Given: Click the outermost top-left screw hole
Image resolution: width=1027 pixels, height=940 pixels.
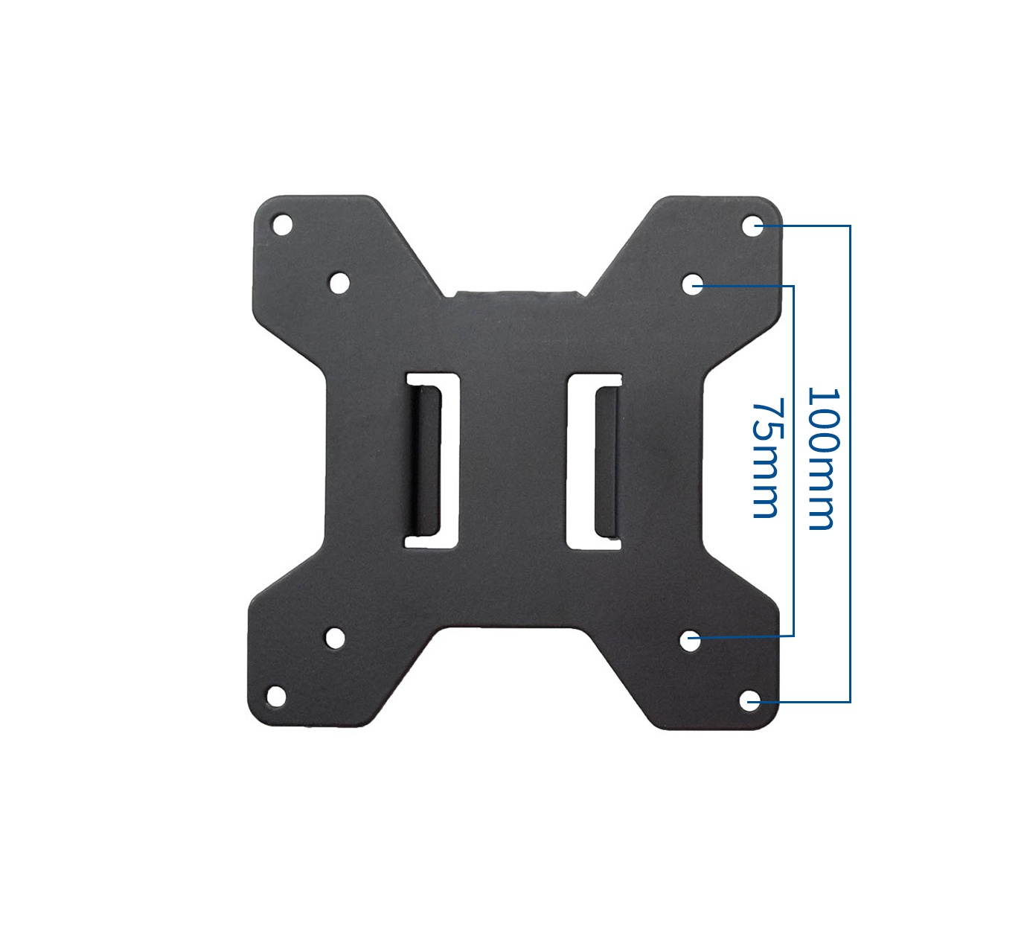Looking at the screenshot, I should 282,223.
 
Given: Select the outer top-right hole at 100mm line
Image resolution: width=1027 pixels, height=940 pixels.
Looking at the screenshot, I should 752,224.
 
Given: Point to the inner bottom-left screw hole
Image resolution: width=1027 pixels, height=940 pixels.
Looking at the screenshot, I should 335,637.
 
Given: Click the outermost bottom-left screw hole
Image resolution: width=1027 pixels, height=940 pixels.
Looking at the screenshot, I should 276,694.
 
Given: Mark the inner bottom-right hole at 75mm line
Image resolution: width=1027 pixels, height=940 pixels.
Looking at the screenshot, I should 691,638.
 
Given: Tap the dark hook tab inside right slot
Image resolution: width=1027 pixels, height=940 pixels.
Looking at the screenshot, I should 605,461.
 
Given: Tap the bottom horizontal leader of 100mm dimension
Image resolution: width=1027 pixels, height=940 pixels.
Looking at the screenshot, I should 804,701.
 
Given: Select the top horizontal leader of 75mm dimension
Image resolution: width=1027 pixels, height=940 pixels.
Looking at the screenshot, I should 748,285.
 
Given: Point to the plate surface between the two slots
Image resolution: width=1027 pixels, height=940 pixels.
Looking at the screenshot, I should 513,461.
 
